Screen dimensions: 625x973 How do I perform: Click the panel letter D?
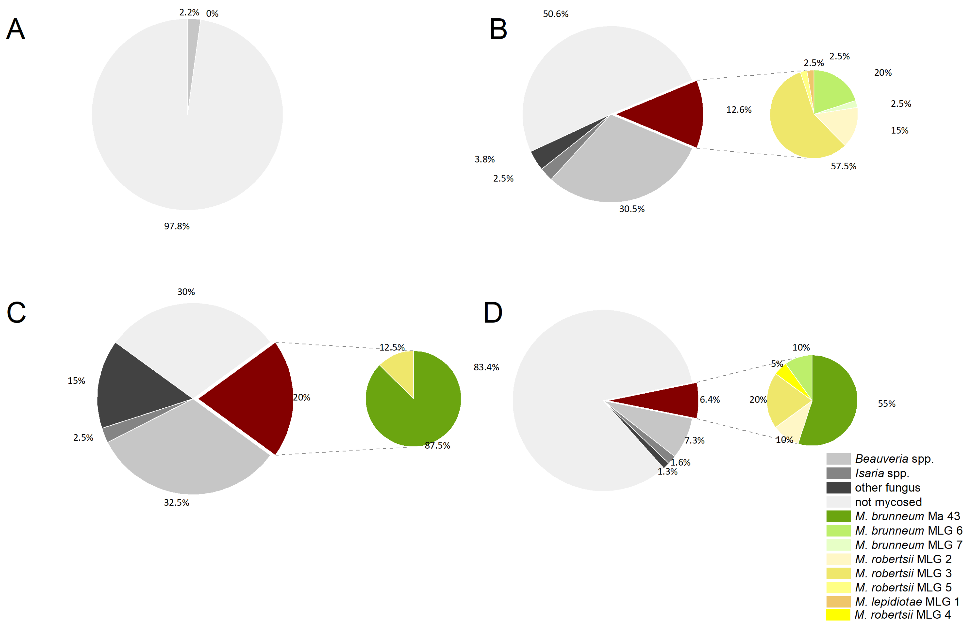click(493, 313)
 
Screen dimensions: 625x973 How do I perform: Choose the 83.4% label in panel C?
click(486, 367)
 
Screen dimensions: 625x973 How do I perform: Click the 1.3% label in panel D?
click(667, 472)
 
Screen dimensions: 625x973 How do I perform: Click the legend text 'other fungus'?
click(887, 487)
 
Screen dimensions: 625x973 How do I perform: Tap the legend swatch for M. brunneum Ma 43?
click(838, 516)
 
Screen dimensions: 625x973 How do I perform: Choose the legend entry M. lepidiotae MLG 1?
click(907, 601)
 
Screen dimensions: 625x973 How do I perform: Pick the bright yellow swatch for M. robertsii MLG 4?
click(838, 615)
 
